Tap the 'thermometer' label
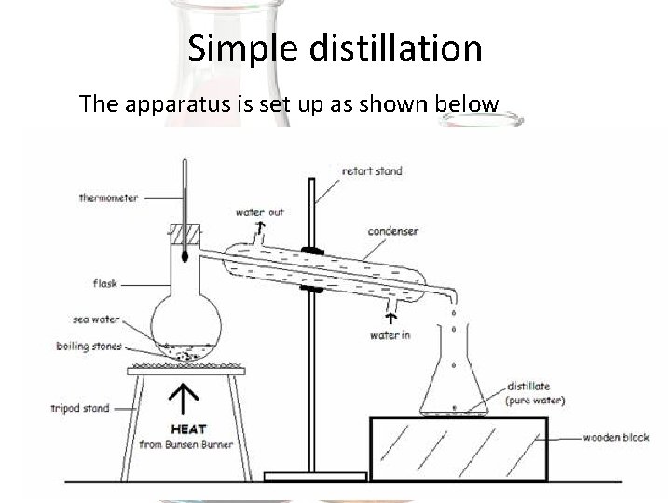pyautogui.click(x=109, y=197)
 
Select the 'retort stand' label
pyautogui.click(x=372, y=171)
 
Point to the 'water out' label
pyautogui.click(x=260, y=211)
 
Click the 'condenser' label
pyautogui.click(x=392, y=231)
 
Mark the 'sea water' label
pyautogui.click(x=96, y=319)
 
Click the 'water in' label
pyautogui.click(x=390, y=335)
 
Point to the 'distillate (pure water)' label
pyautogui.click(x=535, y=393)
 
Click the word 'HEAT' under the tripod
pyautogui.click(x=188, y=429)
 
